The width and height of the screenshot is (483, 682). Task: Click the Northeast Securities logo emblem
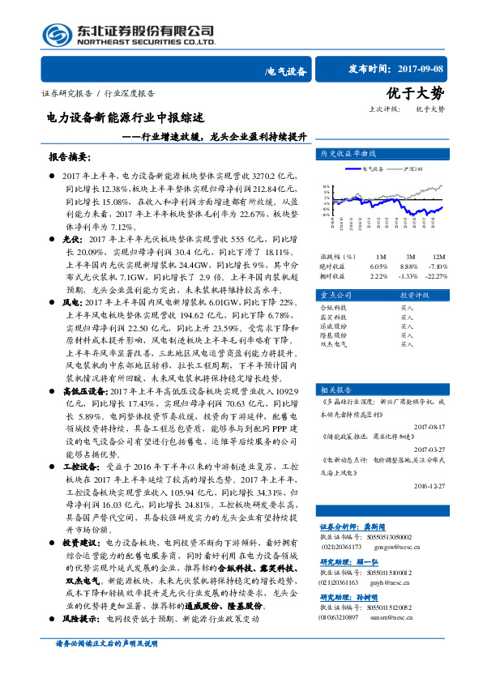tap(57, 34)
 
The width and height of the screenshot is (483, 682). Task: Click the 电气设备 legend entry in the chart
tap(374, 168)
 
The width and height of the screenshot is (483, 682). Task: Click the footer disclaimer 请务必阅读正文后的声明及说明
tap(109, 666)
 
